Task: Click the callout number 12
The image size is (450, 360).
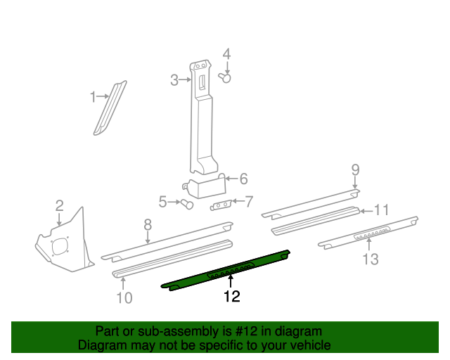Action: click(x=231, y=297)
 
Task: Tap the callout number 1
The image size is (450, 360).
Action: click(x=92, y=97)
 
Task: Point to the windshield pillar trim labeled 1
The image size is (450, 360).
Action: click(x=110, y=105)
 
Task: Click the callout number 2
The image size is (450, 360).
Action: click(x=60, y=206)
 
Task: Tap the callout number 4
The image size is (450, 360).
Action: click(x=226, y=54)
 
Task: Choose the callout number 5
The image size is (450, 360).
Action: click(x=163, y=202)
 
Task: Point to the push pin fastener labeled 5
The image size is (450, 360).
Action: click(x=186, y=204)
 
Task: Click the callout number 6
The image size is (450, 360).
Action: click(x=243, y=179)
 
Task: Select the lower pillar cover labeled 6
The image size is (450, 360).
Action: click(x=207, y=188)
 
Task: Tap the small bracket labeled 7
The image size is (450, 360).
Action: click(x=221, y=204)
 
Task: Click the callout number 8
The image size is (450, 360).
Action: click(x=148, y=225)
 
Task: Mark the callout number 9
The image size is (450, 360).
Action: click(x=355, y=169)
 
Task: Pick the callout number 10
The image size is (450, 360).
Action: click(x=123, y=297)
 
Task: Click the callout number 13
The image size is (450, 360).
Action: click(x=370, y=260)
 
